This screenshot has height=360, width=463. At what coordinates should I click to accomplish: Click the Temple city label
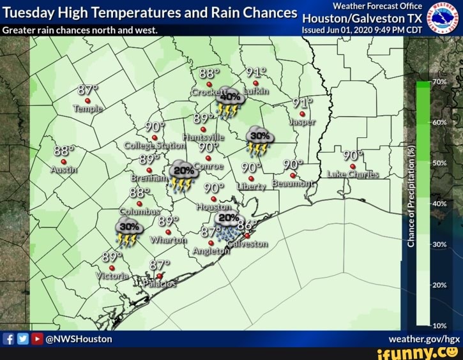(88, 109)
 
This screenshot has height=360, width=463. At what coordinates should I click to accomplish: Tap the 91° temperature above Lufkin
(255, 72)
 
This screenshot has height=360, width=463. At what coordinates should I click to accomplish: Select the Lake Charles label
(353, 174)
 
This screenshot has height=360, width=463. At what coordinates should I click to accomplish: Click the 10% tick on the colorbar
(439, 326)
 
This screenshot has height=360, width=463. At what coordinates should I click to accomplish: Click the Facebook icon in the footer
(9, 339)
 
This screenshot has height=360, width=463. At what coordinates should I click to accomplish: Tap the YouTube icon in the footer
(37, 339)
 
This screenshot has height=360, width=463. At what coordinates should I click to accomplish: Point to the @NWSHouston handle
(79, 339)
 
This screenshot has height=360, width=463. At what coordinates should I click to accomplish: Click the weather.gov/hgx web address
(424, 339)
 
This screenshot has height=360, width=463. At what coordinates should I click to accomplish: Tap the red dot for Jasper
(301, 114)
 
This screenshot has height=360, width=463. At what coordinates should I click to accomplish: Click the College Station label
(154, 146)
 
